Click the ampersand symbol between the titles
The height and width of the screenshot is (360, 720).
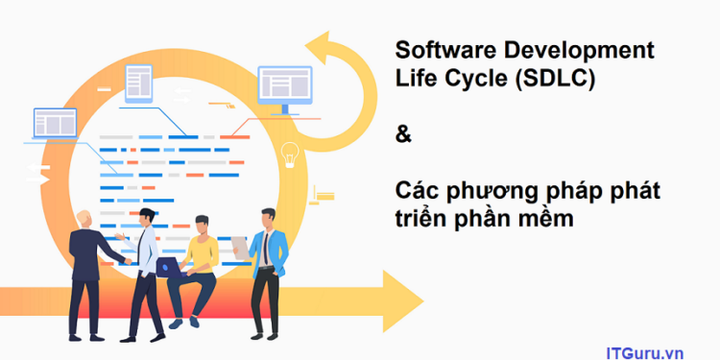(x=403, y=135)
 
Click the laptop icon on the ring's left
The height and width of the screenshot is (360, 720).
(x=55, y=125)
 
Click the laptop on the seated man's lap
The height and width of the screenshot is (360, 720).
(x=170, y=268)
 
